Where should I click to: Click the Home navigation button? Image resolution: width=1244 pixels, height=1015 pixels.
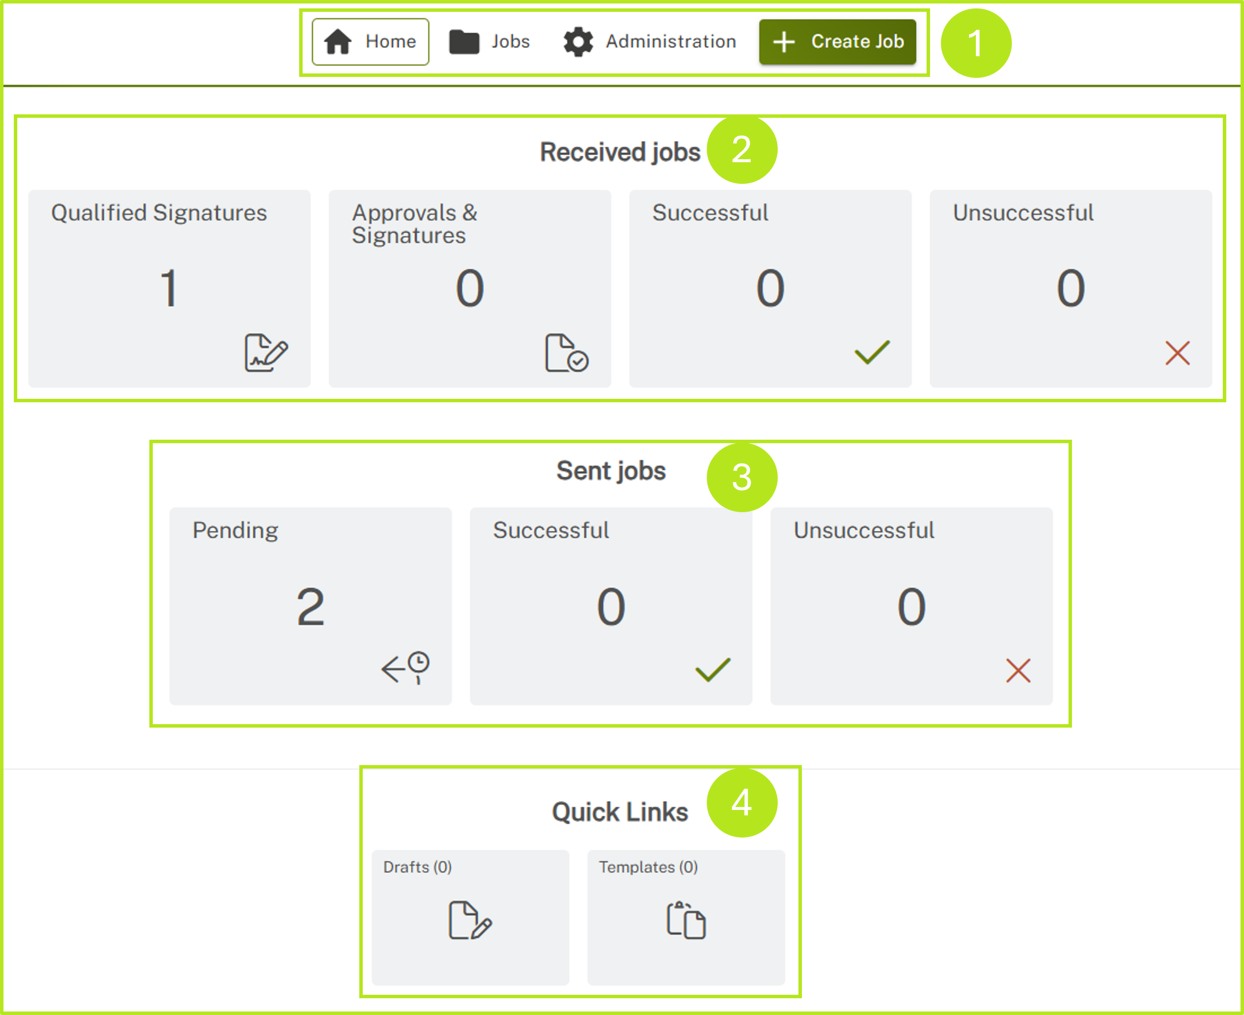[370, 41]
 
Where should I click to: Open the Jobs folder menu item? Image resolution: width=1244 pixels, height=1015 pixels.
[489, 41]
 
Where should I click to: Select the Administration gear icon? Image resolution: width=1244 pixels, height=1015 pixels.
[578, 42]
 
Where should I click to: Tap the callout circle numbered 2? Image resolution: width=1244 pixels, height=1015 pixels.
[741, 150]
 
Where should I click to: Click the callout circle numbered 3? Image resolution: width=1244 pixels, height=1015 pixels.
[741, 477]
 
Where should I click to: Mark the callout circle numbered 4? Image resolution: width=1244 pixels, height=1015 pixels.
[741, 802]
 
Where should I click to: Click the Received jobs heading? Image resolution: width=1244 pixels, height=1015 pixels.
[620, 152]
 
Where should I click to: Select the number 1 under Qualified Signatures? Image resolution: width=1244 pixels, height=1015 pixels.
[169, 288]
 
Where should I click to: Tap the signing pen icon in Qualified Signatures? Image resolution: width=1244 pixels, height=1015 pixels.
[266, 352]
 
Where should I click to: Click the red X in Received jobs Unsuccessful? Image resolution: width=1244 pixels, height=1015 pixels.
[1177, 353]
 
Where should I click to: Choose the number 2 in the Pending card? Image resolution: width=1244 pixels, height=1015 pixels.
[311, 606]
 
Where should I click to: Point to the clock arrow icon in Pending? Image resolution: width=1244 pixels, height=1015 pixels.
[406, 667]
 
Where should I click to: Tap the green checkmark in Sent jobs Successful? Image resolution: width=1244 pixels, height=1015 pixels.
[713, 670]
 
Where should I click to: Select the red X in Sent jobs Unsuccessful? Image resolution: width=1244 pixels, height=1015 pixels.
[1018, 670]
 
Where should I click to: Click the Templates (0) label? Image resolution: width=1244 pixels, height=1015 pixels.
[648, 867]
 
